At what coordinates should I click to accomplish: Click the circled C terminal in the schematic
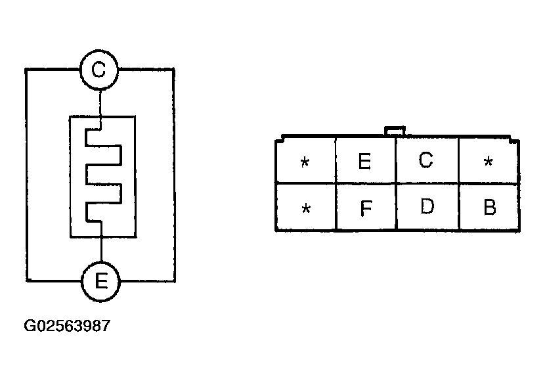(99, 69)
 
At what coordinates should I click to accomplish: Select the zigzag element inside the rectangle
(102, 175)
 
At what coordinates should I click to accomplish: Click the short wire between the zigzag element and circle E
(102, 250)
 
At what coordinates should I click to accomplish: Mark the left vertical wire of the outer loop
(26, 174)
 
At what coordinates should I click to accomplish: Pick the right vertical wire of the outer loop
(175, 174)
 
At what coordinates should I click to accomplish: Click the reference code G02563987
(66, 326)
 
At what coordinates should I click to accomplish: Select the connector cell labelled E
(365, 161)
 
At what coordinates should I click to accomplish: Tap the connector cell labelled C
(427, 160)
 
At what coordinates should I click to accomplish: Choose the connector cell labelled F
(366, 208)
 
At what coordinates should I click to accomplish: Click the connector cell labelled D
(427, 207)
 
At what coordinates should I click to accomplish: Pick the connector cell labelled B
(489, 208)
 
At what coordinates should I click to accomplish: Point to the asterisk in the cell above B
(488, 162)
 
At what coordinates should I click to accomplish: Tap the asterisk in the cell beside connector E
(305, 162)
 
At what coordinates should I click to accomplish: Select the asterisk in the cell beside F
(305, 209)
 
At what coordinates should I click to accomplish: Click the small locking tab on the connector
(395, 131)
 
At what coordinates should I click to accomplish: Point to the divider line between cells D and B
(459, 207)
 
